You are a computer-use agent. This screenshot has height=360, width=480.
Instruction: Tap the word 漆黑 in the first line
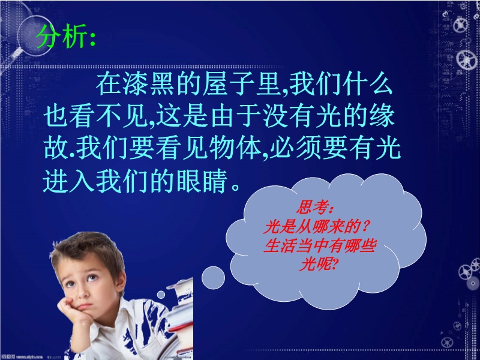click(x=136, y=84)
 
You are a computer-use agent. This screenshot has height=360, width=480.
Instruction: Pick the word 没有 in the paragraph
click(x=289, y=116)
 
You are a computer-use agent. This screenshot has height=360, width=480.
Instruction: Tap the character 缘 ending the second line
click(x=382, y=116)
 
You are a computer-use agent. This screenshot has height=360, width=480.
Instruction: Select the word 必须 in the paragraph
click(x=295, y=149)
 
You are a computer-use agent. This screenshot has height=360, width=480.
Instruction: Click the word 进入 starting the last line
click(x=68, y=181)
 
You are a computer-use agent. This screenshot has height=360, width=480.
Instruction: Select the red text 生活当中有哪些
click(x=320, y=245)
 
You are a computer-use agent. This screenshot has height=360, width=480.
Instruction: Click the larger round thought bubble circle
click(x=214, y=278)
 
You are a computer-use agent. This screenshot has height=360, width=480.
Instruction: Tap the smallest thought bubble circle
click(x=161, y=295)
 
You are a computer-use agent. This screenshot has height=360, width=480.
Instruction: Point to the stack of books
click(x=181, y=319)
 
